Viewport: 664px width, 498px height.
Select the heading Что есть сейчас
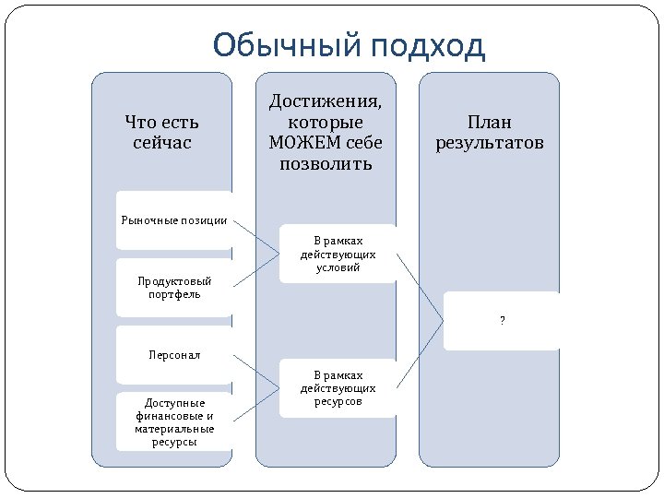pos(162,133)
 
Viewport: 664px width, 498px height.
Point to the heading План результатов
pos(490,133)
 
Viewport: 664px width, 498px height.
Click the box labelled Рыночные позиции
pos(174,219)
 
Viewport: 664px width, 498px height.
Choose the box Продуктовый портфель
pos(174,288)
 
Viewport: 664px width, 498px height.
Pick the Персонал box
pos(174,354)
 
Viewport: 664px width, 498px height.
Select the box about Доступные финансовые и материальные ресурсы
pos(174,421)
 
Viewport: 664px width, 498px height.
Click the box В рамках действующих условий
pos(338,254)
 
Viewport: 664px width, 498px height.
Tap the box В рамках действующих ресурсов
pos(338,388)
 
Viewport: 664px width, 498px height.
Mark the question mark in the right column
pos(502,320)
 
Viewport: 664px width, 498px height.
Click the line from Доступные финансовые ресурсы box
pos(255,405)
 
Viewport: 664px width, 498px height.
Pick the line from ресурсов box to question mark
pos(421,354)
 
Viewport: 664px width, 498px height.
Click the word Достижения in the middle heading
pos(326,101)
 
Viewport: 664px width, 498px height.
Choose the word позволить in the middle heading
pos(326,164)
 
